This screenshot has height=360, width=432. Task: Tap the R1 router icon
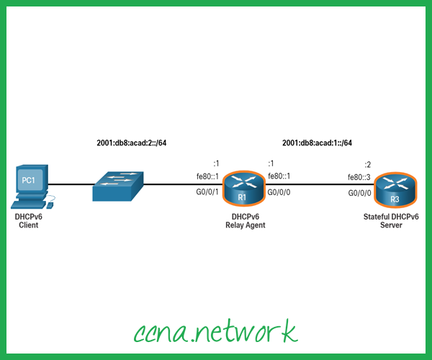[243, 189]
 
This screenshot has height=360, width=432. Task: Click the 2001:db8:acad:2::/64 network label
[132, 143]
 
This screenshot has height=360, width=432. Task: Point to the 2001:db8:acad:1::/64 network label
[317, 143]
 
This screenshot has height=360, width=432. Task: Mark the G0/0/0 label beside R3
[359, 193]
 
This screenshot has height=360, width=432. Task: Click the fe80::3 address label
[359, 178]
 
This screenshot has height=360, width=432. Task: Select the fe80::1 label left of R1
[208, 177]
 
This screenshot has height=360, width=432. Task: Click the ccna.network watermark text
[215, 332]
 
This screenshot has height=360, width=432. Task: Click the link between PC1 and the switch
[72, 184]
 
